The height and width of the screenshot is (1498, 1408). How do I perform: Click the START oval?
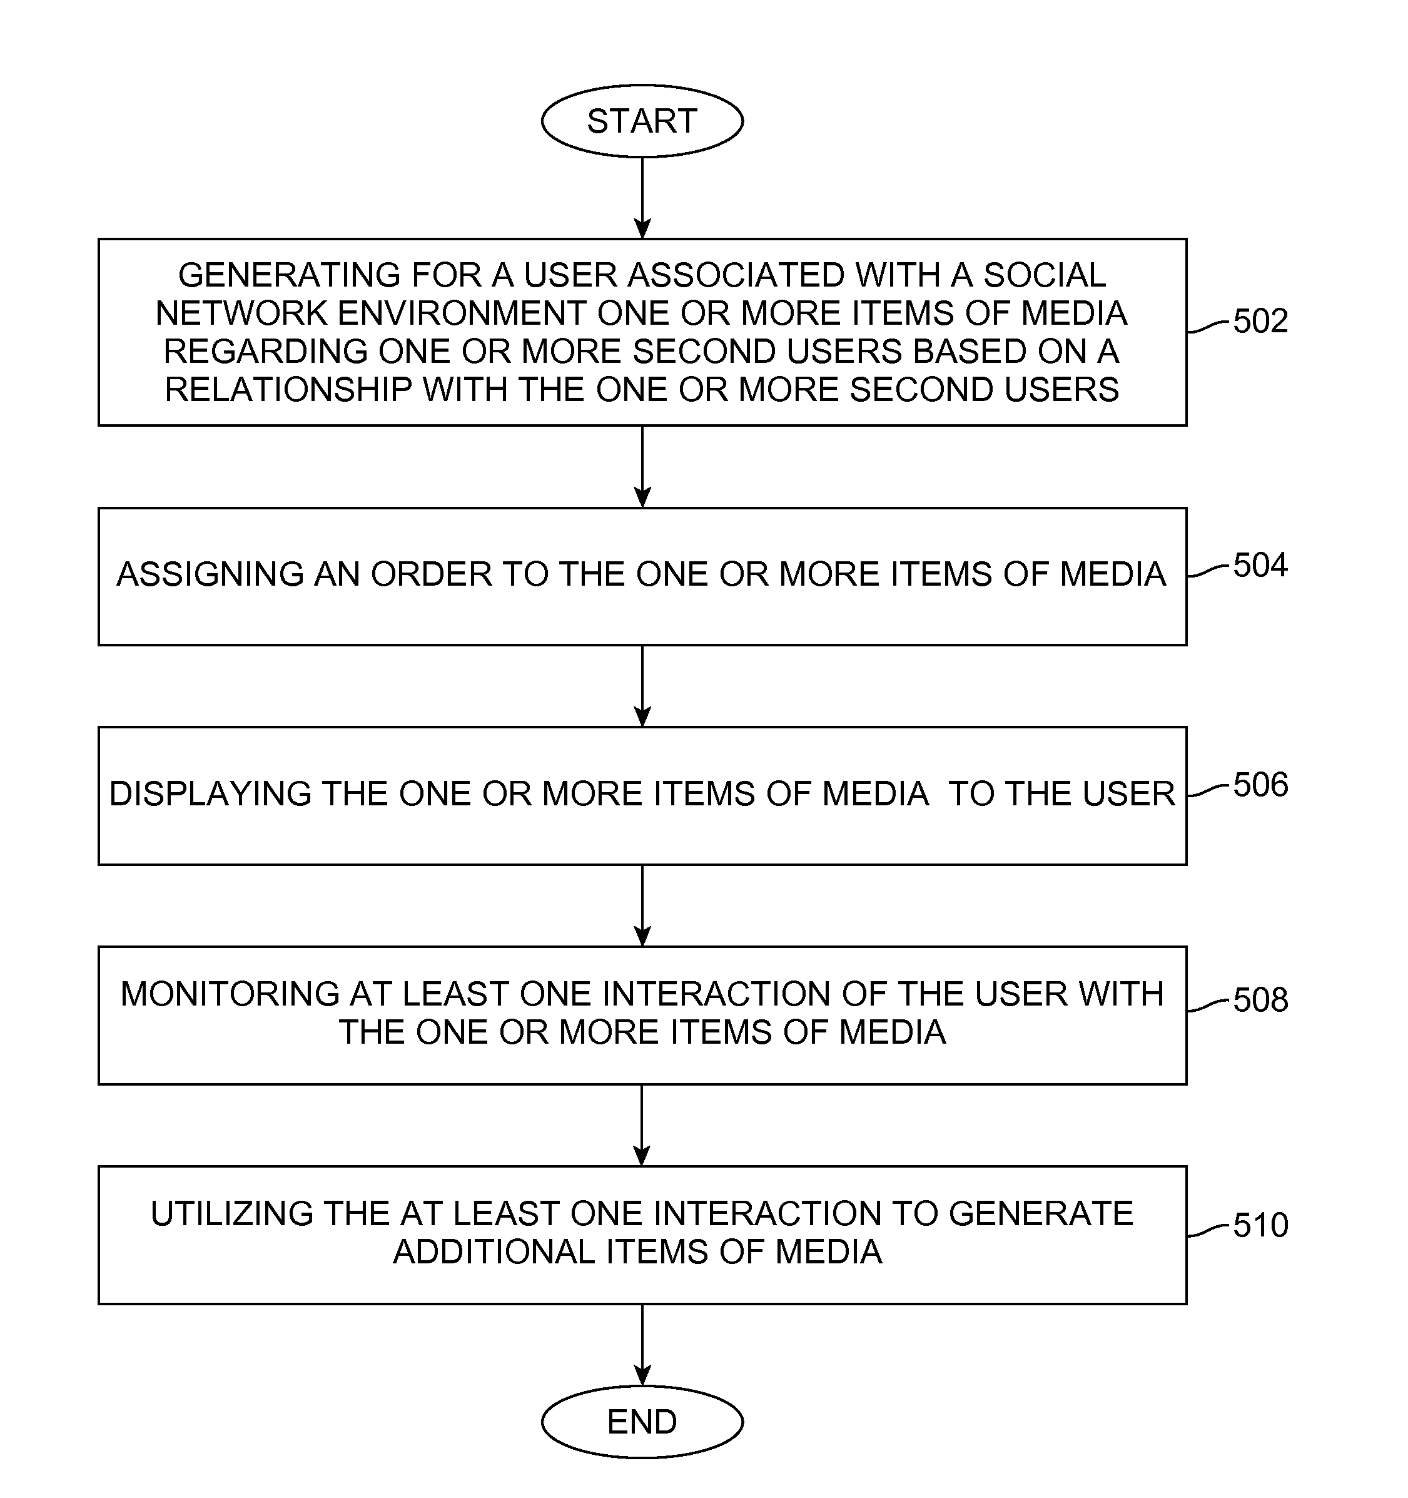pyautogui.click(x=642, y=121)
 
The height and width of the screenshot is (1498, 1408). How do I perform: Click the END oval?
pyautogui.click(x=642, y=1422)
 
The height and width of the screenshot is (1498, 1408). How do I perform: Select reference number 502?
pyautogui.click(x=1260, y=321)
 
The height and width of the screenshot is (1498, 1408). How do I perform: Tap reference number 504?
pyautogui.click(x=1260, y=565)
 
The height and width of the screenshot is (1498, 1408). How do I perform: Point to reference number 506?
pyautogui.click(x=1260, y=785)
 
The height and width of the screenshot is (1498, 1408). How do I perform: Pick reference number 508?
pyautogui.click(x=1260, y=1000)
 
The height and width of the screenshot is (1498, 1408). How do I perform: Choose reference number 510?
pyautogui.click(x=1260, y=1225)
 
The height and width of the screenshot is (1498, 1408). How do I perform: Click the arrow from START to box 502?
pyautogui.click(x=642, y=198)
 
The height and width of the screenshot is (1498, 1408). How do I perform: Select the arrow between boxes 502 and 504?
pyautogui.click(x=642, y=466)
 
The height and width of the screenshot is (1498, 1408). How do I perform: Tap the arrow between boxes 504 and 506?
pyautogui.click(x=642, y=686)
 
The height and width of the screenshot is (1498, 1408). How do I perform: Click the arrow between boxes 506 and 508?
pyautogui.click(x=642, y=905)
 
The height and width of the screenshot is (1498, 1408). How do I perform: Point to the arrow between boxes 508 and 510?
pyautogui.click(x=642, y=1125)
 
